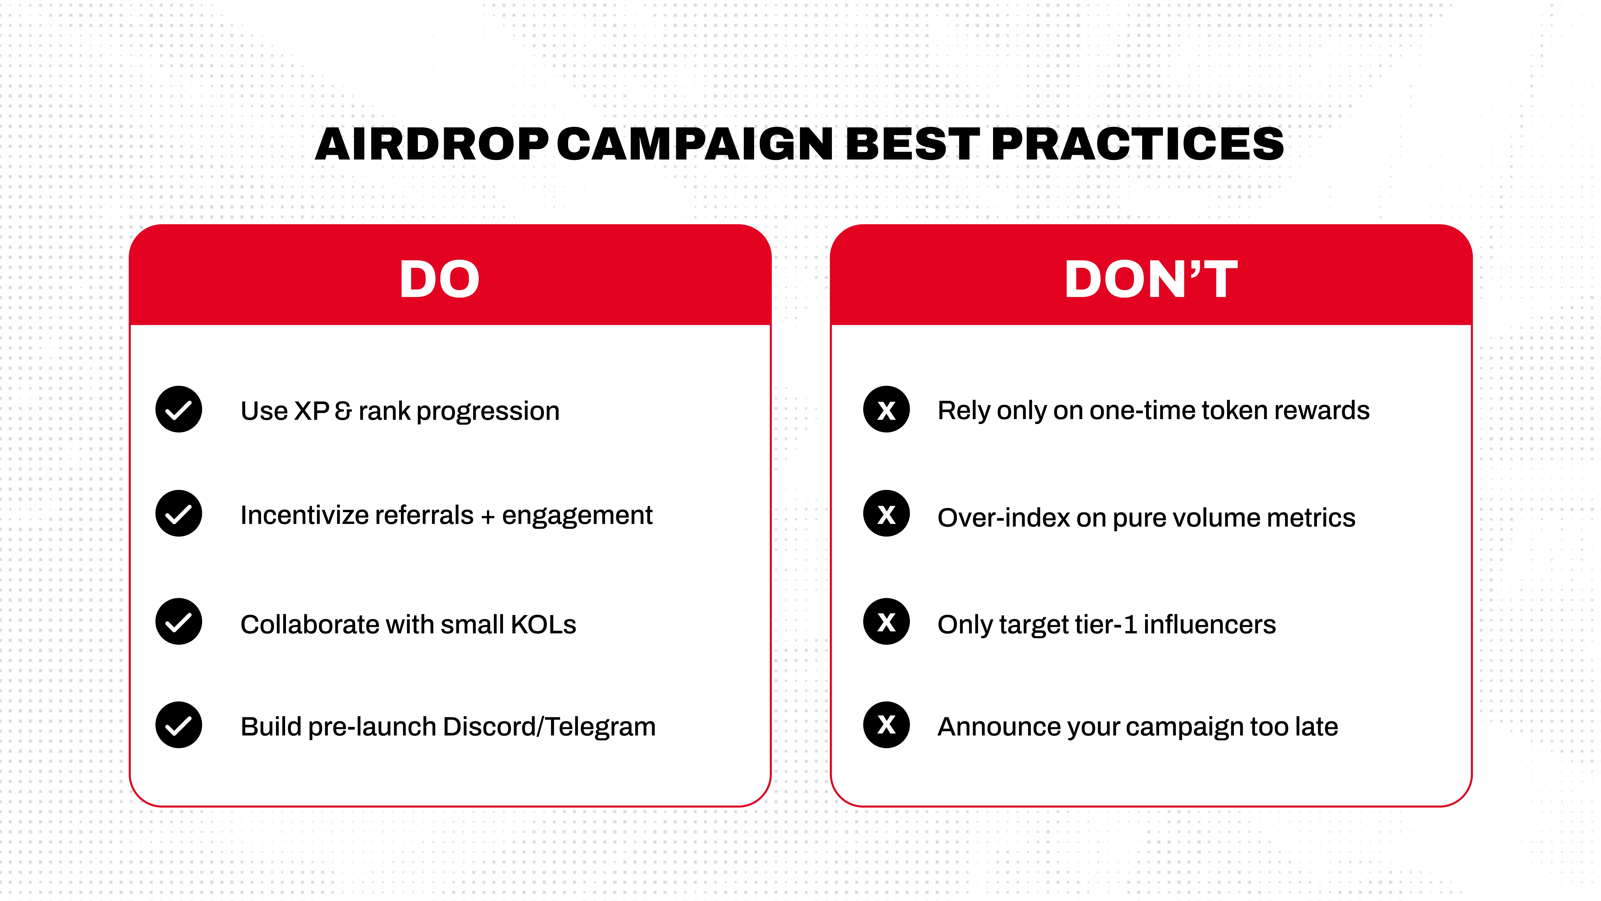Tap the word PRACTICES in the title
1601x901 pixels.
1137,144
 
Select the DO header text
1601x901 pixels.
439,279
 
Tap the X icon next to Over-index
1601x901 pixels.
886,514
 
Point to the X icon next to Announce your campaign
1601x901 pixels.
886,725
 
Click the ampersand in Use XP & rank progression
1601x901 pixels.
343,411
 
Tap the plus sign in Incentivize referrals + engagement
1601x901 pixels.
488,516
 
